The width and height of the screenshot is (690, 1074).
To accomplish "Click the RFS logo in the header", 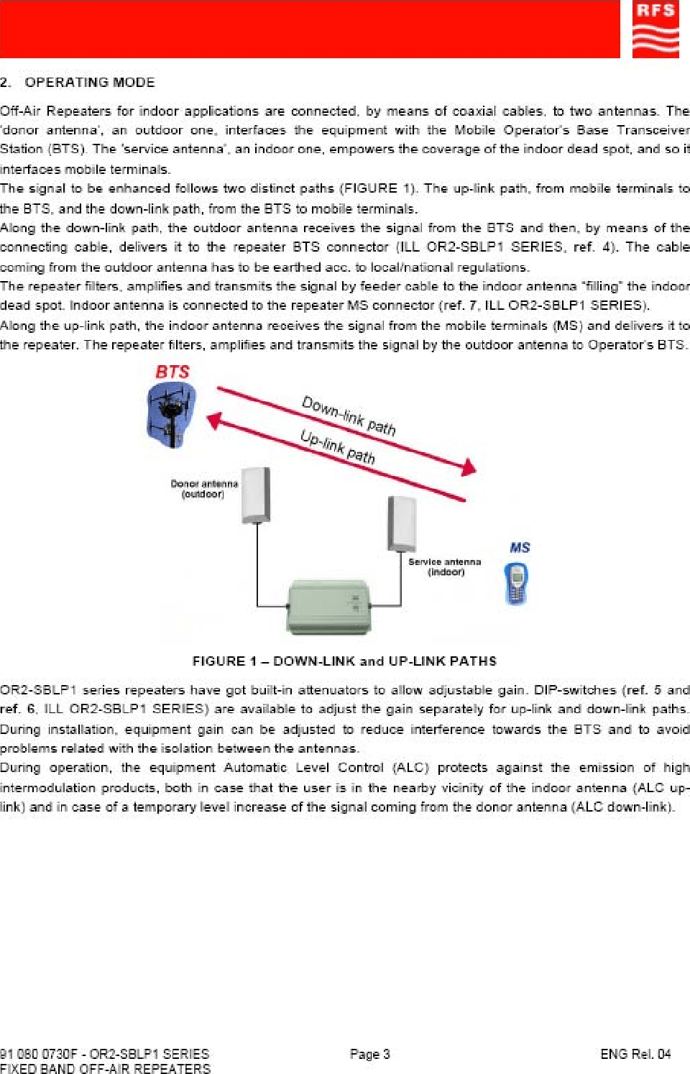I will tap(655, 29).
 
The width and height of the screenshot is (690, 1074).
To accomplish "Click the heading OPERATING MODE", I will tap(90, 83).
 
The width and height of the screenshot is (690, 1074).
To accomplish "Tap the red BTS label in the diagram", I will tap(172, 372).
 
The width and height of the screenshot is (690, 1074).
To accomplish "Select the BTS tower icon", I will tap(171, 415).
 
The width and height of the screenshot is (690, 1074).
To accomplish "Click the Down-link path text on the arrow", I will tap(349, 416).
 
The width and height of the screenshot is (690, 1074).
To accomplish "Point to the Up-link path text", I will tap(337, 447).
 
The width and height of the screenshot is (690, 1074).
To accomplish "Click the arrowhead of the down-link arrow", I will tap(469, 468).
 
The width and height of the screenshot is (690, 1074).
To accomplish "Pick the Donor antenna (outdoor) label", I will tap(203, 489).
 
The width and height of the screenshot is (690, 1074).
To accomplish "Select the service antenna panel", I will tap(402, 523).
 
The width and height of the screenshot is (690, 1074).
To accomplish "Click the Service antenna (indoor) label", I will tap(445, 566).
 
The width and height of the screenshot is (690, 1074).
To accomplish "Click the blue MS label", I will tap(520, 548).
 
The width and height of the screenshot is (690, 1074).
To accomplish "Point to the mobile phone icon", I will tap(516, 583).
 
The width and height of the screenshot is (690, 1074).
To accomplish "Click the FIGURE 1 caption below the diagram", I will tap(344, 661).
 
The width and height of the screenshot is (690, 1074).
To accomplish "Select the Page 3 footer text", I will tap(369, 1054).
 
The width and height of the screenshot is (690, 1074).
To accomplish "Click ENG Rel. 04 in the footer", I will tap(635, 1054).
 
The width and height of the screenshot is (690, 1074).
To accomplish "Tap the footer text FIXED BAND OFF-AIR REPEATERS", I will tap(106, 1068).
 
